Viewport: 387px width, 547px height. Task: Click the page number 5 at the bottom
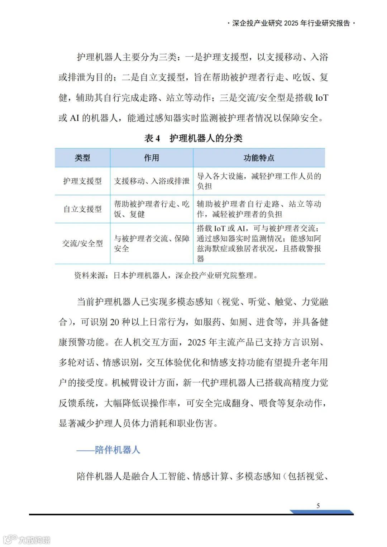tap(318, 505)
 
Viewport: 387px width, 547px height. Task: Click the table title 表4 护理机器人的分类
tap(193, 138)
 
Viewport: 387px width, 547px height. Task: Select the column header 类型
tap(82, 158)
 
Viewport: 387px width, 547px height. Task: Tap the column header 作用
tap(151, 158)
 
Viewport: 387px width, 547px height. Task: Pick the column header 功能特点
tap(259, 158)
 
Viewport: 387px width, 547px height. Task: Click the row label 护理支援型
tap(82, 181)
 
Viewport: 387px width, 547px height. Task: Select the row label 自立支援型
tap(82, 209)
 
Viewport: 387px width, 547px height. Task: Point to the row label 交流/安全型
tap(82, 244)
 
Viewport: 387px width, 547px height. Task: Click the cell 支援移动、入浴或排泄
tap(152, 181)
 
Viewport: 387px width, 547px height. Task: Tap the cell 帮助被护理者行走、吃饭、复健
tap(152, 209)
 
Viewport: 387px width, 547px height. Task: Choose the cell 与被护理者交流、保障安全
tap(152, 244)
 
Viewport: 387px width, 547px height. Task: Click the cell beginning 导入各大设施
tap(259, 181)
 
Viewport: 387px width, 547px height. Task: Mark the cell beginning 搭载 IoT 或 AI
tap(259, 244)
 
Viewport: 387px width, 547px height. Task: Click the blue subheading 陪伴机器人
tap(108, 450)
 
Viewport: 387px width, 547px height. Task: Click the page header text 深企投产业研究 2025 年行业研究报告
tap(291, 23)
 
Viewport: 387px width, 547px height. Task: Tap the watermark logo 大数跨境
tap(27, 539)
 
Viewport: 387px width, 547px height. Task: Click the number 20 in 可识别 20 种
tap(114, 322)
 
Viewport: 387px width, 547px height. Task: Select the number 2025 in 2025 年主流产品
tap(197, 342)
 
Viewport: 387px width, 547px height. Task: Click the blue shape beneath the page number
tap(322, 512)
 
